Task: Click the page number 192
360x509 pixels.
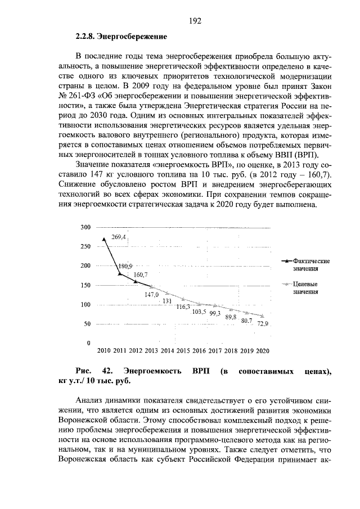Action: [195, 21]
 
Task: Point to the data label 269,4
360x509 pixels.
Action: [119, 237]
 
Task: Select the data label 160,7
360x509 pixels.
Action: [141, 274]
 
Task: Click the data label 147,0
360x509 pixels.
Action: [152, 294]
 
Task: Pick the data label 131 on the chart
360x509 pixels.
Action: [167, 301]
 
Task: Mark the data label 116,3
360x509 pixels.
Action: [183, 307]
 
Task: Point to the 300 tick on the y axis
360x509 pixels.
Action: [85, 227]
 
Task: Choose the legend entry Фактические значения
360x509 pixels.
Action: [308, 265]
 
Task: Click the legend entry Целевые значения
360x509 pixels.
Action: [306, 288]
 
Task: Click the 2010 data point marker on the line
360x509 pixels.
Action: [104, 239]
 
